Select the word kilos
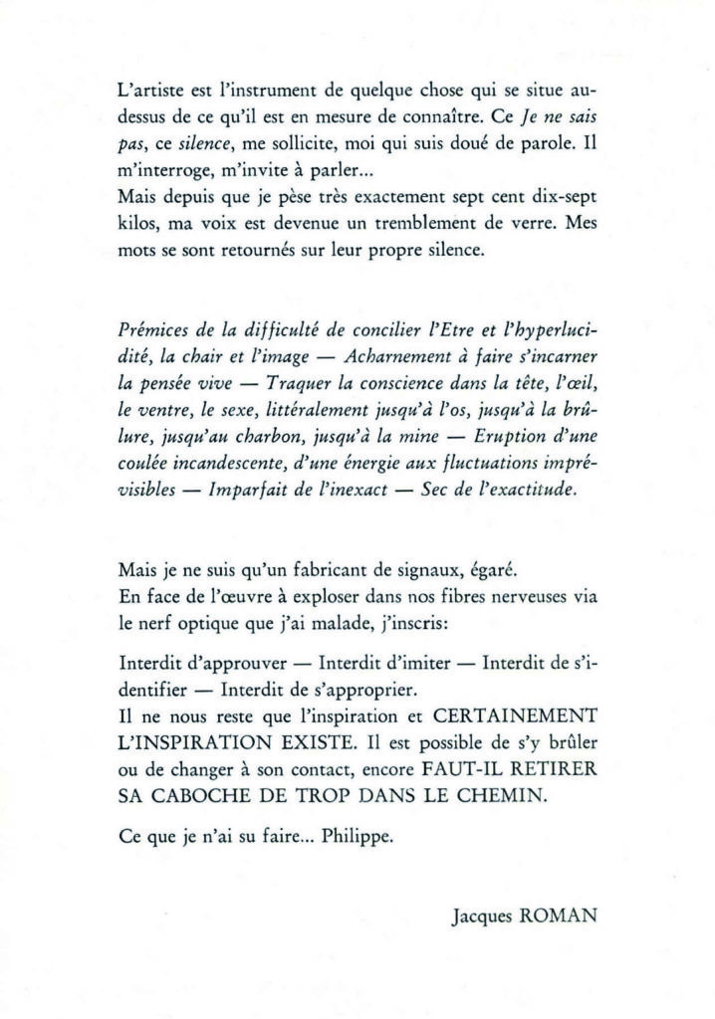coord(135,224)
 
